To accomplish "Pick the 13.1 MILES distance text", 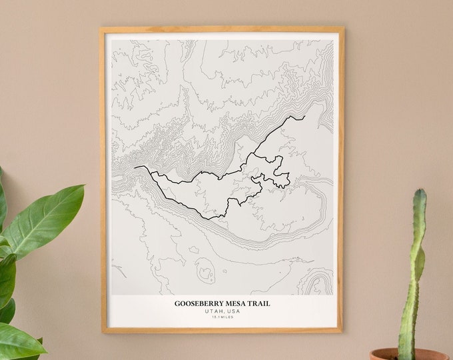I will coord(223,317).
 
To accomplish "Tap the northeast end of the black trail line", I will coord(304,117).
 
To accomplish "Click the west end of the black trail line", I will coord(135,167).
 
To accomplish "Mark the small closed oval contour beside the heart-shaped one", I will coord(193,250).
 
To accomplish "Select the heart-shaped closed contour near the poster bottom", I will coord(205,271).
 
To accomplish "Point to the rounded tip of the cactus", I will coord(418,194).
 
